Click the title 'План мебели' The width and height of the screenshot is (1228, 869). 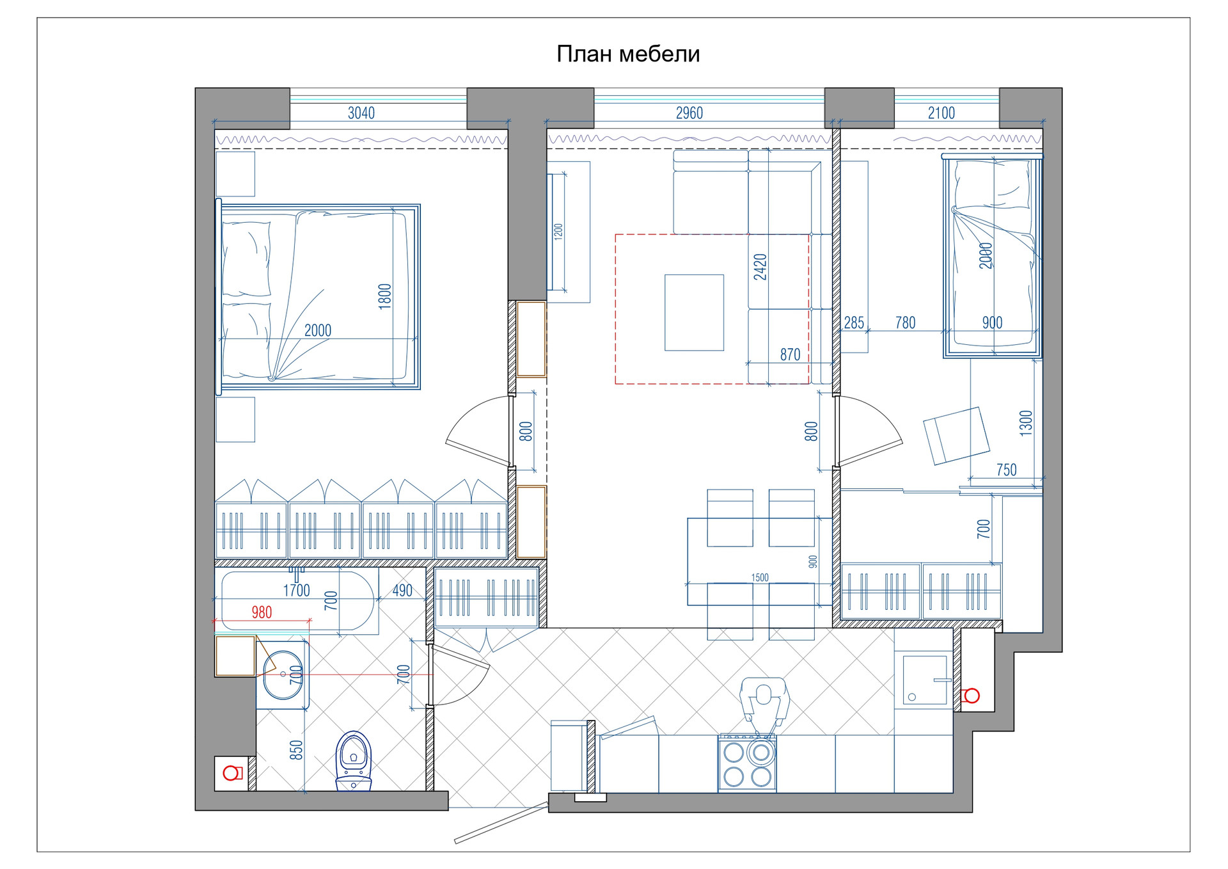[x=628, y=54]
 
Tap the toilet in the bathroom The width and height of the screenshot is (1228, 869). [x=354, y=761]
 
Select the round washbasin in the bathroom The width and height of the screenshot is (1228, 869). [x=283, y=674]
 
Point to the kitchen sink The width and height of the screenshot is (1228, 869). [x=924, y=680]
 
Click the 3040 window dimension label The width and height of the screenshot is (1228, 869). [x=361, y=113]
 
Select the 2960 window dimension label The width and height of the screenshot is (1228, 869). [x=689, y=113]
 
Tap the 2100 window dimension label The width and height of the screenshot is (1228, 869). [x=941, y=113]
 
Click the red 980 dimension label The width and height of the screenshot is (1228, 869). [x=262, y=612]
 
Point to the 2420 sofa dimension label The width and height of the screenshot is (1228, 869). [x=760, y=267]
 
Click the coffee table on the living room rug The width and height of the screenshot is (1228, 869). [x=694, y=313]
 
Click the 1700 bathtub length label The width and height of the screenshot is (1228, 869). [x=297, y=590]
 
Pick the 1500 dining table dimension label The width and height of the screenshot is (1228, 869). [x=760, y=578]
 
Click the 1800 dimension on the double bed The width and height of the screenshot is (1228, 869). [x=384, y=297]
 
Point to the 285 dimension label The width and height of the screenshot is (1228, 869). [x=854, y=323]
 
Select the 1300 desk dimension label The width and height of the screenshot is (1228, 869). [x=1026, y=423]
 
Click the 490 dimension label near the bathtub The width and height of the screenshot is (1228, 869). [x=402, y=591]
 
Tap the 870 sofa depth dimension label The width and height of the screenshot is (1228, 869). [x=791, y=355]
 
